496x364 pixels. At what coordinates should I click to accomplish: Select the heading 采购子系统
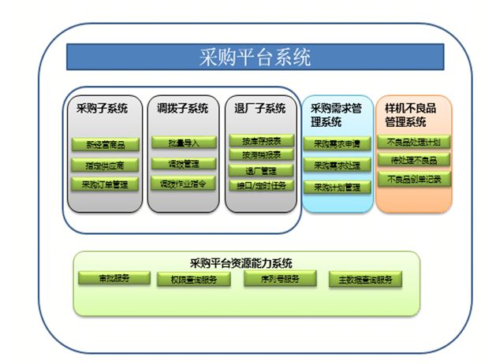103,108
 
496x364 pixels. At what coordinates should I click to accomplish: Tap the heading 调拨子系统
182,108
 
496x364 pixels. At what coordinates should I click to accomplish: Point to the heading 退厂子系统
260,108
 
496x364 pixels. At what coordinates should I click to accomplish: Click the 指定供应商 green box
104,165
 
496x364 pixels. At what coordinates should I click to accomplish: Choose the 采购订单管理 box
104,185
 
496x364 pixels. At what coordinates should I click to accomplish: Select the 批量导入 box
183,143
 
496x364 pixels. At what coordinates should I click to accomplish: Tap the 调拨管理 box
183,164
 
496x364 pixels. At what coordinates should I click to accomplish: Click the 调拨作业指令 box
183,184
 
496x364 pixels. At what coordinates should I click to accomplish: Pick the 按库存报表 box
261,140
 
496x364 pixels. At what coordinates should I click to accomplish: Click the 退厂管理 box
261,171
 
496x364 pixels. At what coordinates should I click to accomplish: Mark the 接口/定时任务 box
261,186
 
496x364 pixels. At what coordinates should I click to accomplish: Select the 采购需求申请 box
337,144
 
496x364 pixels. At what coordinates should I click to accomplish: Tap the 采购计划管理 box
337,188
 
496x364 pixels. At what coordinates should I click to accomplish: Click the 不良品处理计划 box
414,142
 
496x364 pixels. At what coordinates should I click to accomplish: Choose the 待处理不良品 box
414,160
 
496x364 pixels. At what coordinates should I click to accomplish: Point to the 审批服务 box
114,278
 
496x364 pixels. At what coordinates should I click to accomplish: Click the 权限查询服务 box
194,280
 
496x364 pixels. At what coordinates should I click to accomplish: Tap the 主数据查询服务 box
364,279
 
